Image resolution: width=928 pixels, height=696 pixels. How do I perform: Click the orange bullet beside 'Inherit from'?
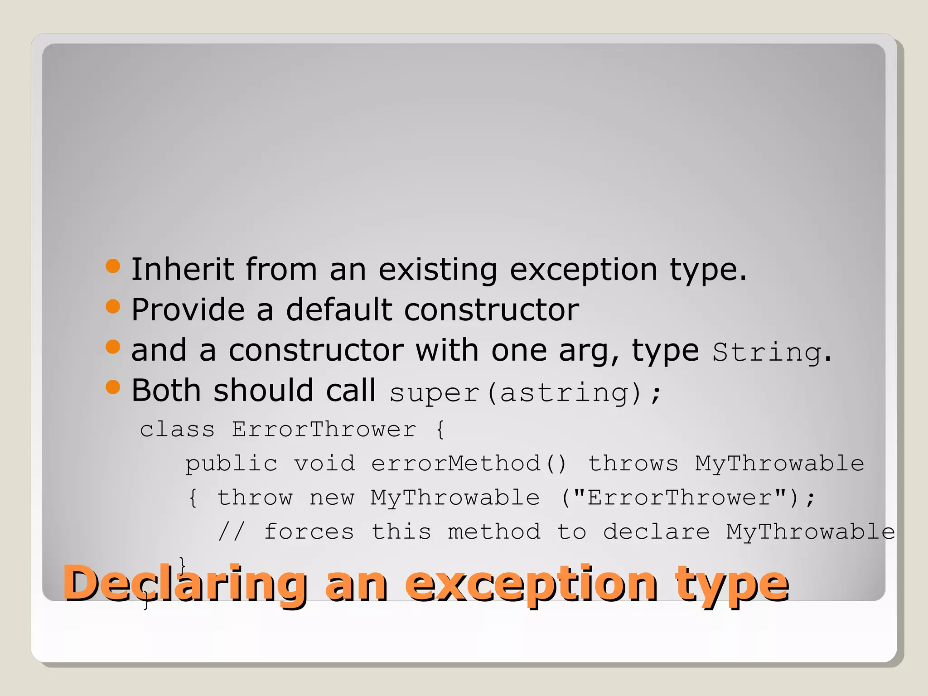113,266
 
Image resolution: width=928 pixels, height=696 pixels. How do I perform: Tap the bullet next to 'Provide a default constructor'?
113,307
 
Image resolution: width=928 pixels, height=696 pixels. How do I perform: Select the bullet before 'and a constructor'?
113,348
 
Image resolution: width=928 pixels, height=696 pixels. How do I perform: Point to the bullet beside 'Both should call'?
113,387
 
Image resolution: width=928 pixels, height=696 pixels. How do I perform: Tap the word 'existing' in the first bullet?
437,270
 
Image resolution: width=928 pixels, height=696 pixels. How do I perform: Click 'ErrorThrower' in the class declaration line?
324,429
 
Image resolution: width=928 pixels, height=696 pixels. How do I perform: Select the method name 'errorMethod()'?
469,464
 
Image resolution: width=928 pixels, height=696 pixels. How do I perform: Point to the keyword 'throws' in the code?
633,464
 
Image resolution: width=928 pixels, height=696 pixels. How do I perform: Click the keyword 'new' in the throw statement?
332,498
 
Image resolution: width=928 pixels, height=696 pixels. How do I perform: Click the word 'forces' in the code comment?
309,532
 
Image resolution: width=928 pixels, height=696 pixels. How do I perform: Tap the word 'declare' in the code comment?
656,532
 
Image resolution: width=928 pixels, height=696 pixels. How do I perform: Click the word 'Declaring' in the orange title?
185,584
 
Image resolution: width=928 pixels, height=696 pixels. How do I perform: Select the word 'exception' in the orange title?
531,584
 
